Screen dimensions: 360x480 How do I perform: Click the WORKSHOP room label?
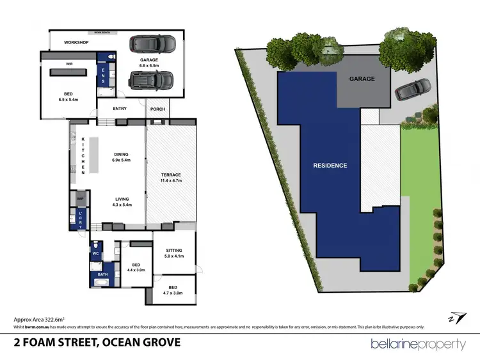click(x=76, y=43)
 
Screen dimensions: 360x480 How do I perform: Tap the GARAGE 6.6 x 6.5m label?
click(x=148, y=62)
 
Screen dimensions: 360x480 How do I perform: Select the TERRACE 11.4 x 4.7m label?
click(x=171, y=178)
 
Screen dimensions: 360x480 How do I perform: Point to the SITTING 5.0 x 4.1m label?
click(x=173, y=253)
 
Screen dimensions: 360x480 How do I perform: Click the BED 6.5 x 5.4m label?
click(x=68, y=97)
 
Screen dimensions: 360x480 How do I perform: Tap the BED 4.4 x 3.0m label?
click(x=135, y=267)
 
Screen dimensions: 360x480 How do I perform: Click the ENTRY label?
click(x=120, y=109)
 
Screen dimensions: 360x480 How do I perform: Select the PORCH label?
click(x=157, y=109)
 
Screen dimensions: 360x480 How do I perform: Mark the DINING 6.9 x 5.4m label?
click(x=121, y=157)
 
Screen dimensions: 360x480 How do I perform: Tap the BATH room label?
click(x=102, y=274)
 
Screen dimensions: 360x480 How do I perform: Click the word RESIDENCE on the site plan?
click(x=330, y=166)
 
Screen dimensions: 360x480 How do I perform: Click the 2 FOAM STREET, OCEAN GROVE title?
click(x=97, y=343)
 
